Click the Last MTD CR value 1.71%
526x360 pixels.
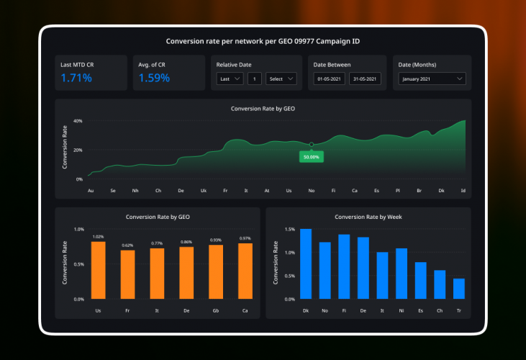76,78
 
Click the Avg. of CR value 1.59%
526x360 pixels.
154,78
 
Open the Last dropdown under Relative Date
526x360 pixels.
230,78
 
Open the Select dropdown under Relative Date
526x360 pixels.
281,78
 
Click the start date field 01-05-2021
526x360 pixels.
329,79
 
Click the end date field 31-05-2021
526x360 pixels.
365,79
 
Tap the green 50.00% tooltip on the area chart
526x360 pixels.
312,156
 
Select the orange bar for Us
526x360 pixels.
98,270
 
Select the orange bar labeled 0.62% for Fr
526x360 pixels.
127,274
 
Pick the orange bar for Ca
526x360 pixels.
245,271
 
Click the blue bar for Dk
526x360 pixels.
306,264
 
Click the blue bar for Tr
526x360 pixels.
459,289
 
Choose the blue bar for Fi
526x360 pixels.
344,266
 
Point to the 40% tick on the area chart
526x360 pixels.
78,121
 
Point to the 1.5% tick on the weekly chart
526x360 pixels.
289,229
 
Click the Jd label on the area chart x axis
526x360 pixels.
463,191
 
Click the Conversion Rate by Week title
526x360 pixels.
368,216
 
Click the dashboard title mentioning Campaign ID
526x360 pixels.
263,41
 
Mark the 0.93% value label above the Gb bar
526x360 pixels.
216,240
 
